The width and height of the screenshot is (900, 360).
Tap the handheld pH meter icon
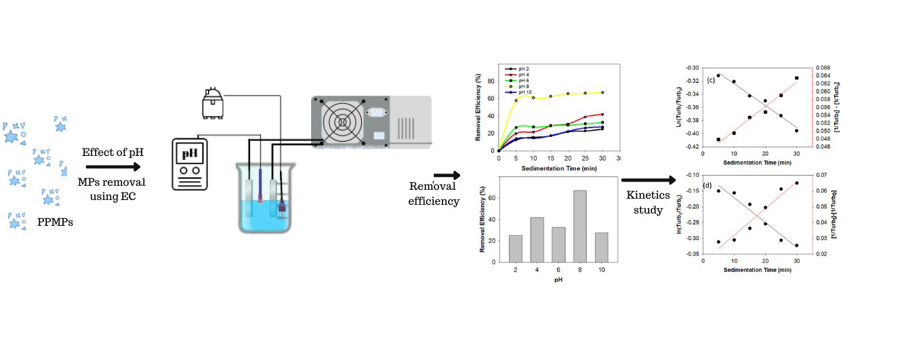[x=189, y=165]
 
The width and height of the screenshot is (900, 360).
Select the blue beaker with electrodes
[x=264, y=197]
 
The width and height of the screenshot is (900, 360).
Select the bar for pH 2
[x=516, y=248]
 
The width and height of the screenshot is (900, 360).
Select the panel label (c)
[x=711, y=80]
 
